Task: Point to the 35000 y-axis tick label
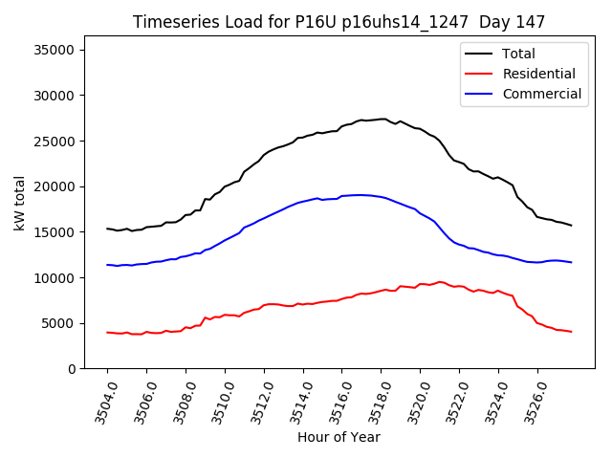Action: (58, 50)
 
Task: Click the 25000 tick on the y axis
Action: (58, 141)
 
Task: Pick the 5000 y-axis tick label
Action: (62, 323)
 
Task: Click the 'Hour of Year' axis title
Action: (339, 438)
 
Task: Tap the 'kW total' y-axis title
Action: (19, 203)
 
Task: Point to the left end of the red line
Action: (107, 332)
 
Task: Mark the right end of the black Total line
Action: (571, 226)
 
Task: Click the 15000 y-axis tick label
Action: (58, 232)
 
